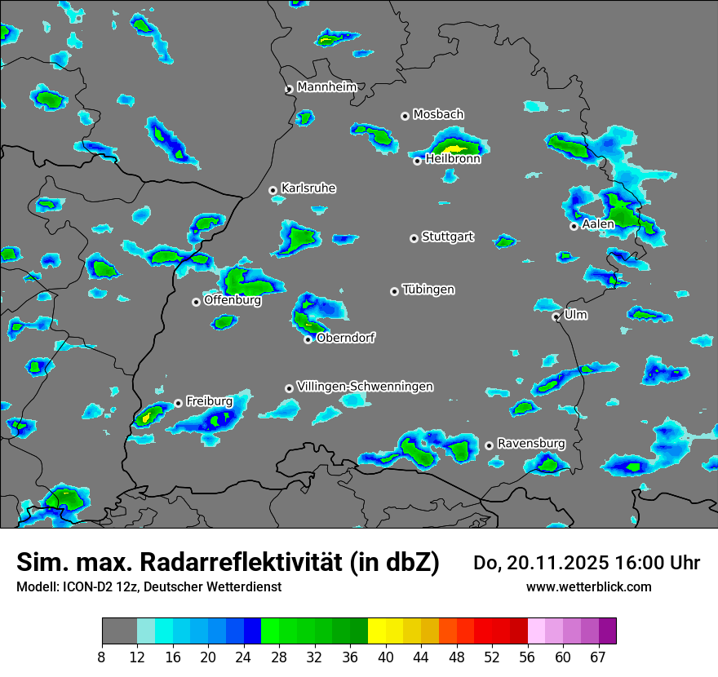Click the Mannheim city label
pyautogui.click(x=326, y=86)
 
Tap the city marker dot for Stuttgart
pyautogui.click(x=414, y=238)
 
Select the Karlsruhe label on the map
pyautogui.click(x=308, y=188)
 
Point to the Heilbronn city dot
pyautogui.click(x=417, y=161)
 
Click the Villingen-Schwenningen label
pyautogui.click(x=365, y=387)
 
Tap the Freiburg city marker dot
pyautogui.click(x=178, y=403)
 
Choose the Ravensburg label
pyautogui.click(x=531, y=444)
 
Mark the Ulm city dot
pyautogui.click(x=556, y=316)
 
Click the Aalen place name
pyautogui.click(x=598, y=224)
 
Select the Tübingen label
pyautogui.click(x=428, y=290)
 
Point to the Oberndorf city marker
pyautogui.click(x=308, y=339)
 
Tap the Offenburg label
pyautogui.click(x=233, y=300)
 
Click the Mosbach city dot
pyautogui.click(x=405, y=116)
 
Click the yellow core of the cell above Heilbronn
pyautogui.click(x=454, y=149)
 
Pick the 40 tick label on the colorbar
pyautogui.click(x=386, y=657)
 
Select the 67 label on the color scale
pyautogui.click(x=598, y=657)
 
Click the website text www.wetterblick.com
pyautogui.click(x=589, y=586)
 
